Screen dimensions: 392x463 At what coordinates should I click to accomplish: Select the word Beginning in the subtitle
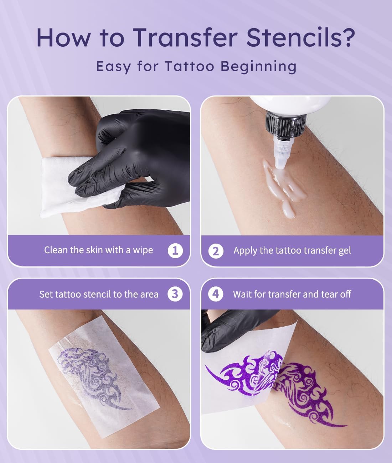[x=258, y=67]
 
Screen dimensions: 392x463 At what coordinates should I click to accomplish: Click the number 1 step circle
[x=175, y=250]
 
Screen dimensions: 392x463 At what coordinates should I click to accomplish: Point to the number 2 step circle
[x=216, y=251]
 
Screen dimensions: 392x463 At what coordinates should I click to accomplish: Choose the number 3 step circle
[x=175, y=294]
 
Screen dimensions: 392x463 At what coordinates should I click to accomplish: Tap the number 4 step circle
[x=216, y=294]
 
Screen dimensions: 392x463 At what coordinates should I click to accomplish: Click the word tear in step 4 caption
[x=329, y=294]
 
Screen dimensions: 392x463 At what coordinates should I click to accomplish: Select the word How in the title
[x=64, y=37]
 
